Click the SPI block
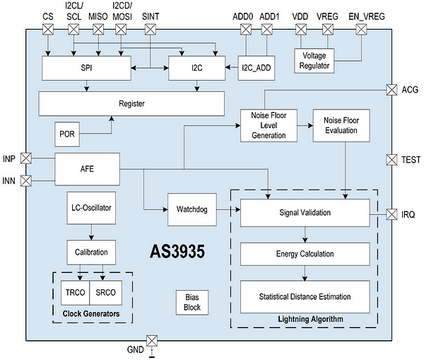click(86, 68)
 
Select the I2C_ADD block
click(257, 68)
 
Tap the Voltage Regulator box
click(314, 61)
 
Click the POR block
click(67, 134)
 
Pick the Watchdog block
click(192, 209)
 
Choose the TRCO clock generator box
click(75, 293)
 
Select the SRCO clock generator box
click(106, 293)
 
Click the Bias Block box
click(192, 302)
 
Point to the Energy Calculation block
click(305, 254)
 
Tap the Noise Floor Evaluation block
click(341, 125)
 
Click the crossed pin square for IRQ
click(391, 214)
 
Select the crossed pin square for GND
click(152, 340)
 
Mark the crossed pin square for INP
click(26, 158)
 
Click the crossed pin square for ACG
click(391, 90)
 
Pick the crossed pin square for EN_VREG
click(361, 29)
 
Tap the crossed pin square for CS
click(48, 29)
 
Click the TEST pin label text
click(411, 160)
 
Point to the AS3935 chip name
click(177, 252)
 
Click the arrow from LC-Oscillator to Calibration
click(91, 232)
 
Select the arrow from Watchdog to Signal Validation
click(228, 209)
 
